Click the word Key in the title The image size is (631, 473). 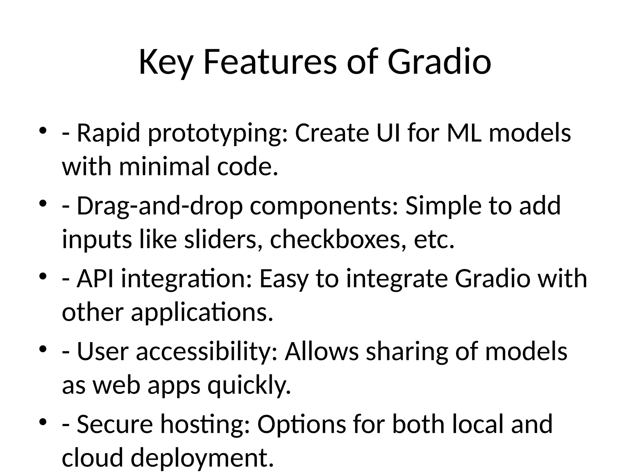coord(166,63)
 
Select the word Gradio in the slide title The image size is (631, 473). coord(439,63)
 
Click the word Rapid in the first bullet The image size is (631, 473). coord(108,133)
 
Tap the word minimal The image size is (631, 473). coord(165,167)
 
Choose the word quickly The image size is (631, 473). coord(249,386)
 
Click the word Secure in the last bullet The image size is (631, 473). coord(115,424)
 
